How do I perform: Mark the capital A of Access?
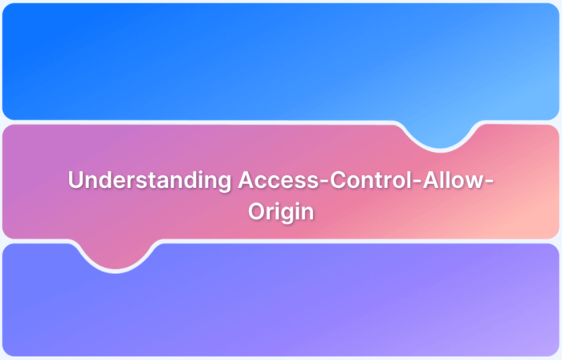pyautogui.click(x=246, y=181)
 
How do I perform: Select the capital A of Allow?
pyautogui.click(x=426, y=181)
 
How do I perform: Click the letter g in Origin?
pyautogui.click(x=285, y=215)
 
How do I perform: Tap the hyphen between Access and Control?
pyautogui.click(x=322, y=182)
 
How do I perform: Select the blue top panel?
pyautogui.click(x=241, y=60)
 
